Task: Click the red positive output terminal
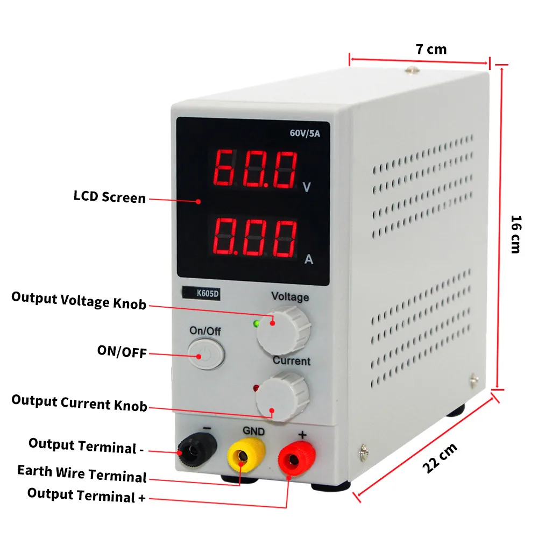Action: point(296,458)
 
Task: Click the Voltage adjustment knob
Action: point(284,330)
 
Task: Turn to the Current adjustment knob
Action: point(283,396)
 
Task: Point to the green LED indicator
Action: point(256,323)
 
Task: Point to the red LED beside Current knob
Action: point(256,388)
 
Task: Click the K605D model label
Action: point(201,293)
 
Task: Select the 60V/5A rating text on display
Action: point(305,133)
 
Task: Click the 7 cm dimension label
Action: point(431,49)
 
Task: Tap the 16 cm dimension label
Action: point(516,235)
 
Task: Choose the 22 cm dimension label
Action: point(440,458)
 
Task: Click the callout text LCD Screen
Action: point(110,197)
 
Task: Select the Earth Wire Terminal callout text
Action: point(82,473)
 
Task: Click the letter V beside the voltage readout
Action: point(307,187)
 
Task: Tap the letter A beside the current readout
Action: point(309,259)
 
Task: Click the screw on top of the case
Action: point(412,70)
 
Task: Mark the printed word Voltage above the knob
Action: point(290,297)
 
